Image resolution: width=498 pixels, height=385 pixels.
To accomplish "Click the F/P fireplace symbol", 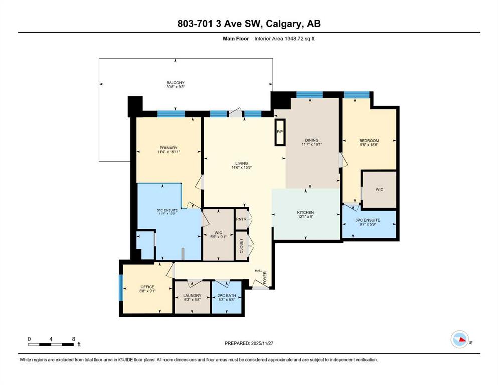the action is click(280, 132).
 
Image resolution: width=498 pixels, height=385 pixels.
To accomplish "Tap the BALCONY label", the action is click(175, 83).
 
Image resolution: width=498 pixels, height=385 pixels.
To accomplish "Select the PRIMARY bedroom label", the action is click(169, 148).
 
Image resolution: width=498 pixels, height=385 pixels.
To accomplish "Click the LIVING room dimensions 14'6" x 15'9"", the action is click(242, 167).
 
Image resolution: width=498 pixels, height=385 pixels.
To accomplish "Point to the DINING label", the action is click(311, 140).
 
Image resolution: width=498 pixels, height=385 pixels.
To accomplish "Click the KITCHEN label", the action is click(305, 213).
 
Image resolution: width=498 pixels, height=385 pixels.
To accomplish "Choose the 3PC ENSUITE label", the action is click(368, 220).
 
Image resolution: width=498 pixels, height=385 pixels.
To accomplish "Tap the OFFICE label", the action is click(147, 287).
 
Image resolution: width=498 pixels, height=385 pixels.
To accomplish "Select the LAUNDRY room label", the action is click(192, 295).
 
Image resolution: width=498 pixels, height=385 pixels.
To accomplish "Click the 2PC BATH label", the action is click(227, 295).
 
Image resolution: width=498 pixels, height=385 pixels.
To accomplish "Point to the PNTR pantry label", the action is click(241, 219).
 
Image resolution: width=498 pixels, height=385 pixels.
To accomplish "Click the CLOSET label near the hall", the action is click(241, 246).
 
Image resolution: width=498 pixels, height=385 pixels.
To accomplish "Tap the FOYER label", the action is click(265, 277).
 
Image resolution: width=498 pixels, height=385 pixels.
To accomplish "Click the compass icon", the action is click(460, 339).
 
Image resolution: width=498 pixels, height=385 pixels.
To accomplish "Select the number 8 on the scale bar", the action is click(73, 339).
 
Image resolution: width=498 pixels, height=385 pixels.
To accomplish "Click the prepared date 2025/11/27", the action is click(262, 343).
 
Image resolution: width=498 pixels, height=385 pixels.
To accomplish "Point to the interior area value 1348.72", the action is click(293, 39).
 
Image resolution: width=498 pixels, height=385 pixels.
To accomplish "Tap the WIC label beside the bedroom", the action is click(379, 189).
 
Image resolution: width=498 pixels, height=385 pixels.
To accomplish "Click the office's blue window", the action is click(121, 288).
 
